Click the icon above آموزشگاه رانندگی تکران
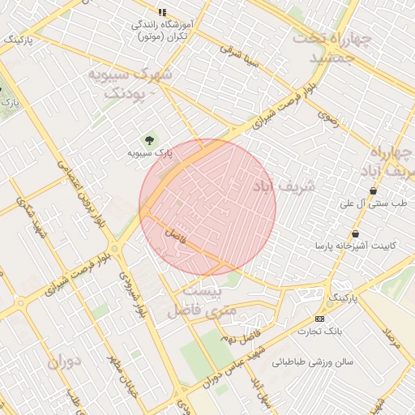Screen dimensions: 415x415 tap(162, 12)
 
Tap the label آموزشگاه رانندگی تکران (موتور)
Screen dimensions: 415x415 tap(161, 31)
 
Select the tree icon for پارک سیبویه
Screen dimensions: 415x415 tap(148, 139)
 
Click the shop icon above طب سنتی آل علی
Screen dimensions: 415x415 tap(373, 191)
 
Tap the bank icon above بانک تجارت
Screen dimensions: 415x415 tap(320, 319)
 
